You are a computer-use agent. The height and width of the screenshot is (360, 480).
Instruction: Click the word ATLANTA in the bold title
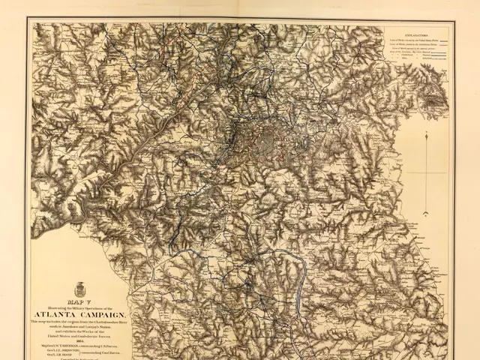tap(58, 313)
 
